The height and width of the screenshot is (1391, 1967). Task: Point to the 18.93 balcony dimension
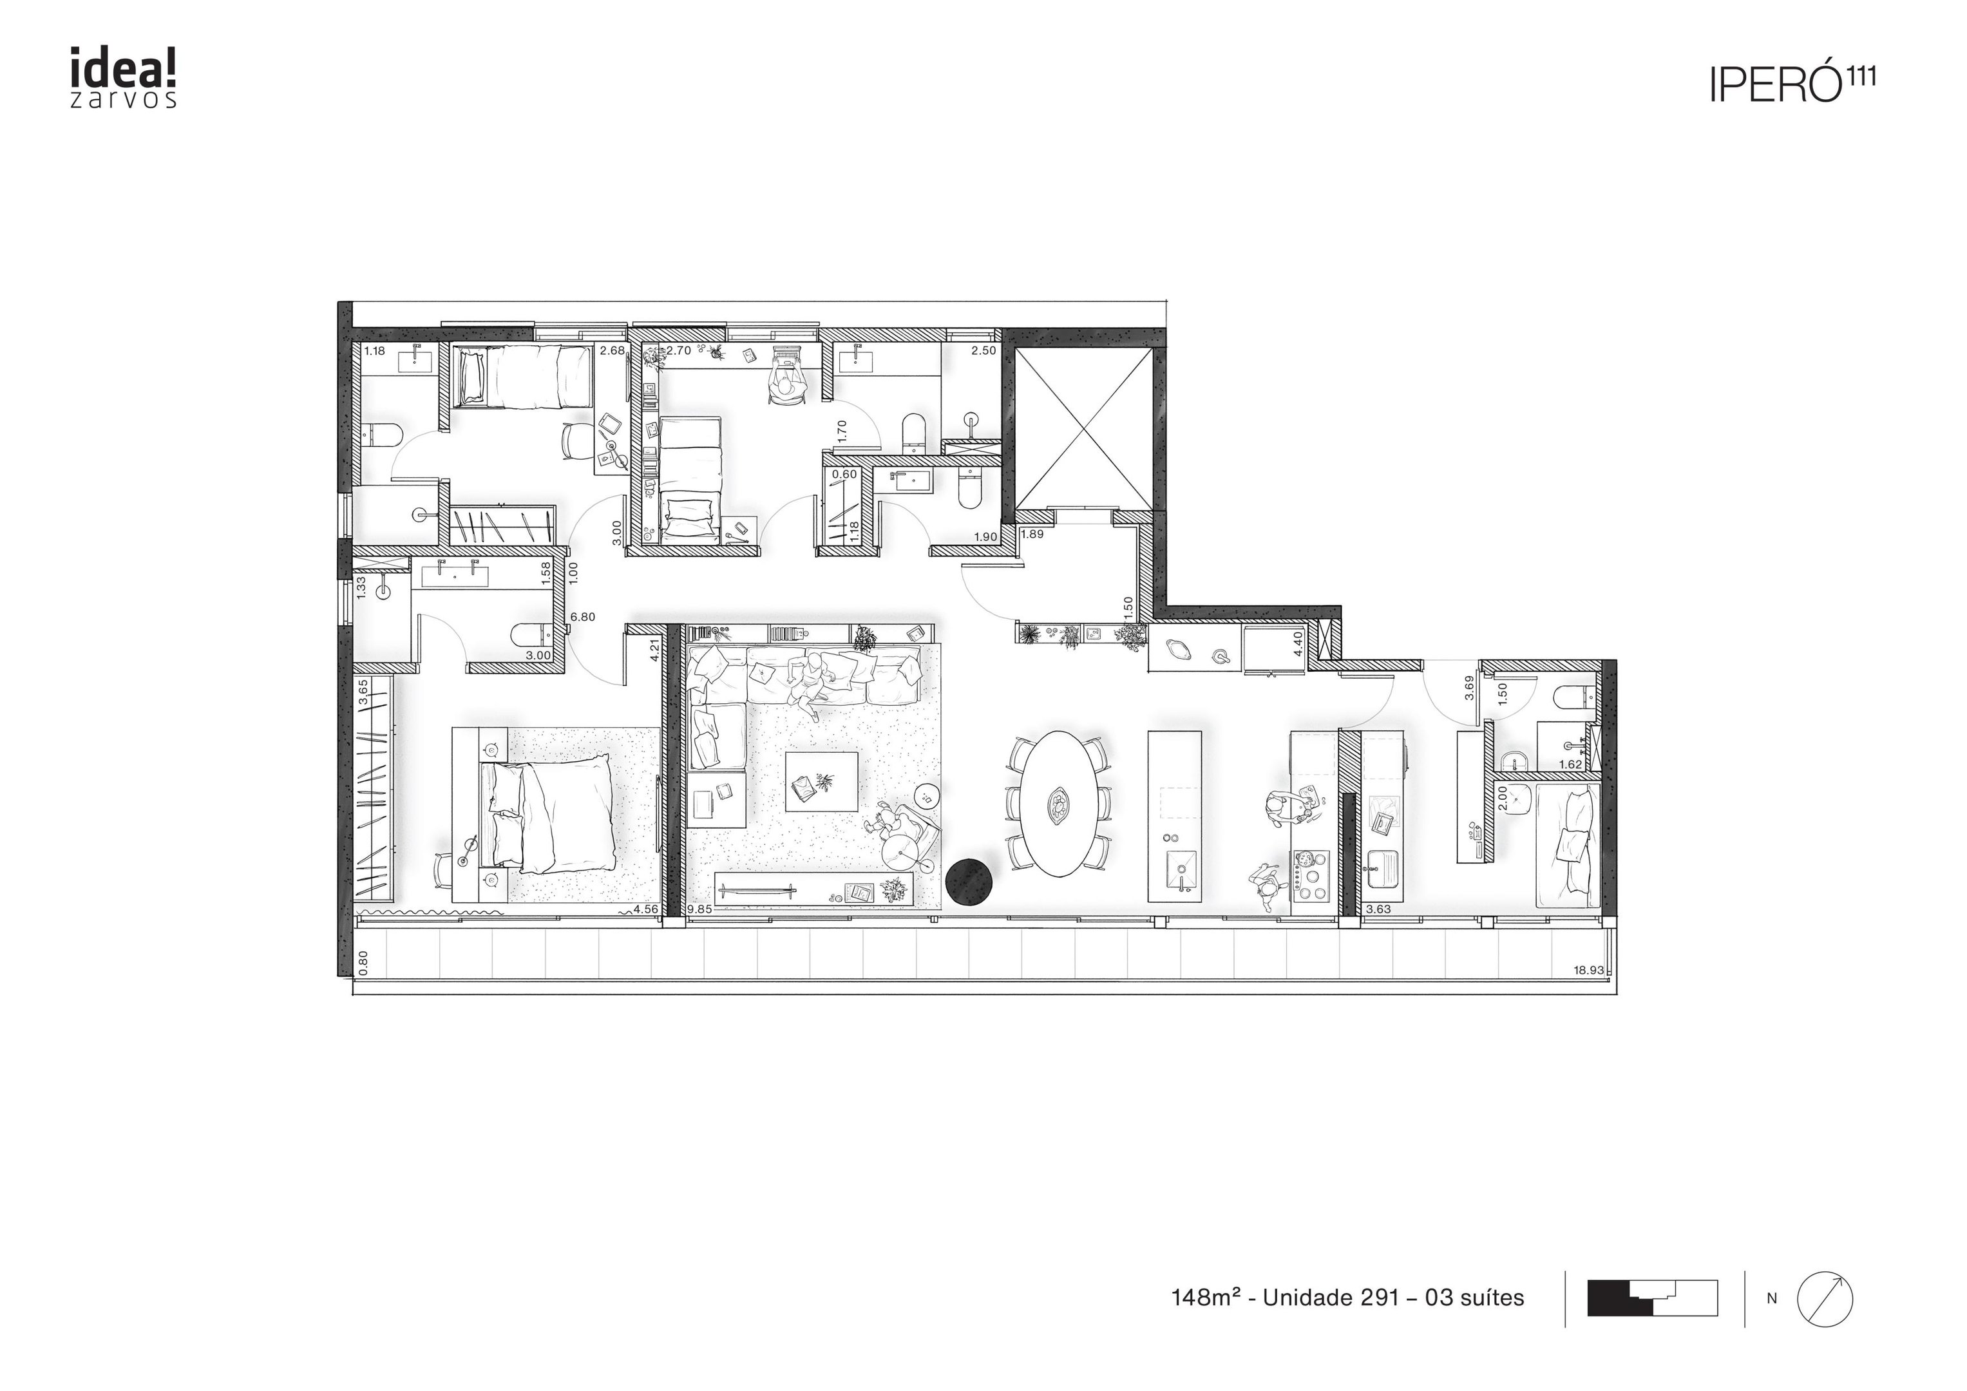(1588, 970)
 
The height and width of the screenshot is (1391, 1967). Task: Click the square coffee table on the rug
(822, 781)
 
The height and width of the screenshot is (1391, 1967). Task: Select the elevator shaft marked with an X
(1084, 428)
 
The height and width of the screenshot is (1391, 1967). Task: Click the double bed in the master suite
(548, 814)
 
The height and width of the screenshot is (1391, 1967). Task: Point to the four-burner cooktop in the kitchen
(1310, 875)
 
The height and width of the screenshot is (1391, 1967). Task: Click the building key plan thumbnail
(1653, 1298)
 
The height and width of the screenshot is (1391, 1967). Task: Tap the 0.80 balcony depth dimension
(363, 963)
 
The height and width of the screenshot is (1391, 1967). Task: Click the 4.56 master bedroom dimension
(646, 910)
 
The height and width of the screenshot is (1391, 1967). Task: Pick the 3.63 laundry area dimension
(1378, 910)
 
